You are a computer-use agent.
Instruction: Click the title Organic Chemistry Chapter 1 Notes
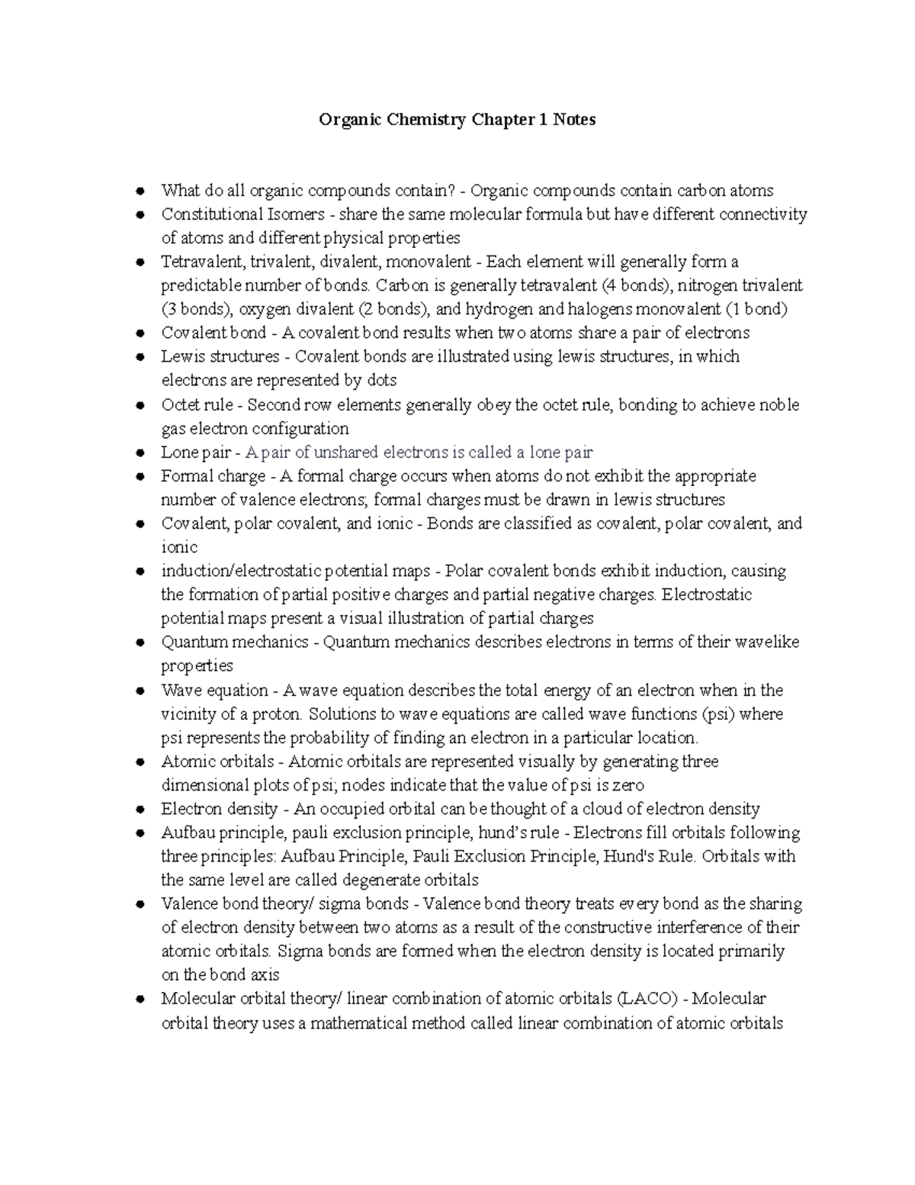point(457,120)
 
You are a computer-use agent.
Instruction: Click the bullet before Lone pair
point(140,452)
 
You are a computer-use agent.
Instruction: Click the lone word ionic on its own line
point(179,547)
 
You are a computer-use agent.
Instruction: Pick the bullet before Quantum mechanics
point(140,642)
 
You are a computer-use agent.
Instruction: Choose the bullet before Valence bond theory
point(140,904)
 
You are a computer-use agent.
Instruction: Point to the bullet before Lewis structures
point(140,357)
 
